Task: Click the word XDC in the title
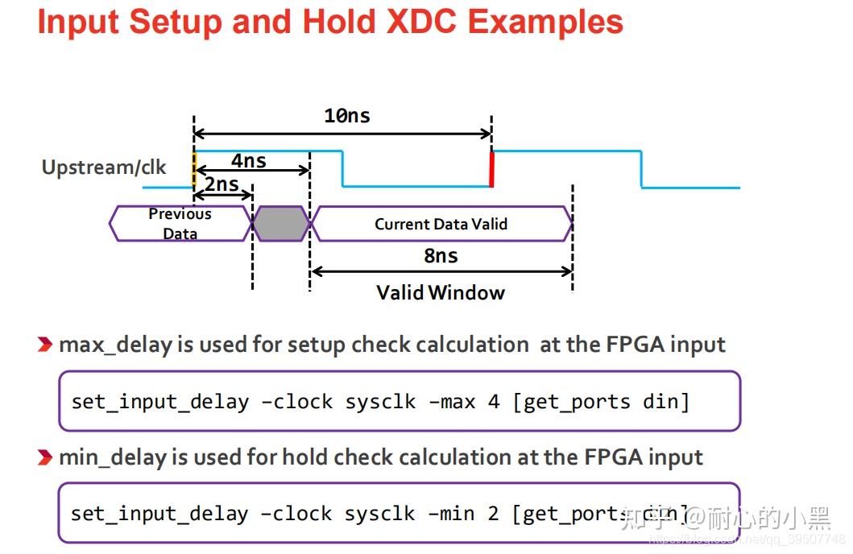point(419,22)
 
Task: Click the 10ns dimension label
point(346,115)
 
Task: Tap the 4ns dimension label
point(249,161)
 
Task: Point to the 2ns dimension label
point(222,184)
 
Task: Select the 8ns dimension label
point(441,256)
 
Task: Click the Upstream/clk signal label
point(104,167)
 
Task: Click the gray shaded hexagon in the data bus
point(280,224)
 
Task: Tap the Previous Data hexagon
point(180,224)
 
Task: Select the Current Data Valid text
point(441,224)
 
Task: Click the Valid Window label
point(441,292)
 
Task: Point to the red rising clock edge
point(491,169)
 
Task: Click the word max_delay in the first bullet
point(115,345)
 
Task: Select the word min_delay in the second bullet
point(114,458)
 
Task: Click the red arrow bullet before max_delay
point(46,345)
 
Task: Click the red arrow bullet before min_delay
point(46,458)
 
